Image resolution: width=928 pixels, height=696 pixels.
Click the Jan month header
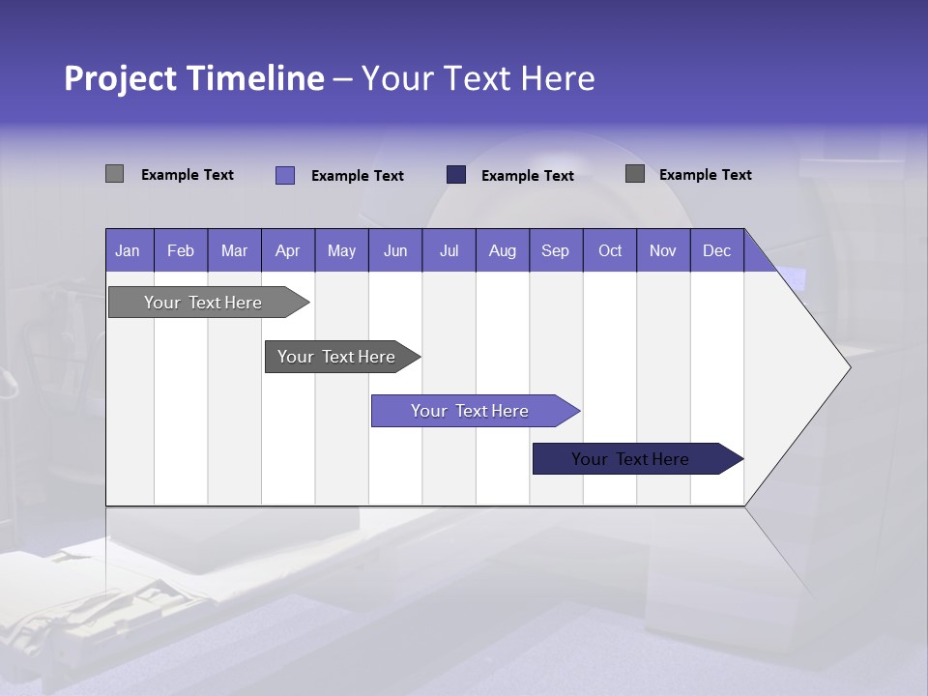[128, 250]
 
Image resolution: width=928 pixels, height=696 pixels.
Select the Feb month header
[181, 250]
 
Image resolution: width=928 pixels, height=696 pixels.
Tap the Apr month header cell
[288, 250]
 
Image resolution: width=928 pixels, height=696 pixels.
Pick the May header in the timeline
[341, 250]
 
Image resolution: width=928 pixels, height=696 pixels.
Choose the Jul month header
[449, 250]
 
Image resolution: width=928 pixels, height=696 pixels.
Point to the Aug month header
[503, 250]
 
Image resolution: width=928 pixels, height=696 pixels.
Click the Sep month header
[556, 250]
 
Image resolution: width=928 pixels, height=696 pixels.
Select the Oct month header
[610, 250]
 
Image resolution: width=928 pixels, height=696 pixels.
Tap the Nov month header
[663, 250]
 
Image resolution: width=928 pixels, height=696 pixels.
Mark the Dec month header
[717, 250]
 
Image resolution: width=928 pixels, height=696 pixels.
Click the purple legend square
[285, 175]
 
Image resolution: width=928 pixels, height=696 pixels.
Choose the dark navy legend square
[456, 175]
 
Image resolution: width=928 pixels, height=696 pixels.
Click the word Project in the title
[120, 78]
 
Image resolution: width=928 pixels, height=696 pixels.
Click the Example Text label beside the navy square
[528, 176]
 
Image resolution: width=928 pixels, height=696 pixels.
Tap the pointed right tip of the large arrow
[848, 366]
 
